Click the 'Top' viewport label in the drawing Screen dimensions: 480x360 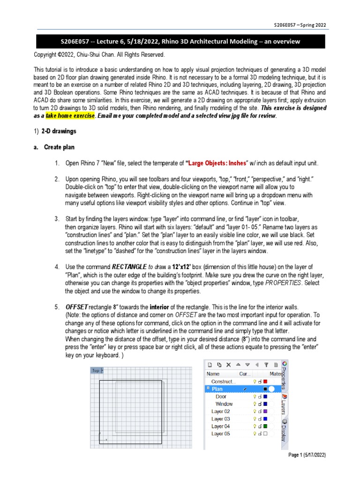coord(96,370)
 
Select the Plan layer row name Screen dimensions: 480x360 coord(217,389)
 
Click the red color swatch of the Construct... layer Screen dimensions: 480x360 coord(265,382)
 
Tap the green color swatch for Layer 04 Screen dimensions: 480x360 coord(265,426)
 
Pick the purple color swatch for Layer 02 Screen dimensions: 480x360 coord(265,411)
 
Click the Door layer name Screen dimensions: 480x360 coord(221,397)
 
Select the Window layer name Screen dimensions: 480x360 coord(224,404)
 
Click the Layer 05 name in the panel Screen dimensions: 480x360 coord(220,434)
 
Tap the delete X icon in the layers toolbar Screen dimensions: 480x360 coord(228,364)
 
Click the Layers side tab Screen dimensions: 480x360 coord(284,404)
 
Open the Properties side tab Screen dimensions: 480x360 coord(284,375)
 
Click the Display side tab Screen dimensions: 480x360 coord(284,430)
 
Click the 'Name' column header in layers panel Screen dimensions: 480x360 coord(213,374)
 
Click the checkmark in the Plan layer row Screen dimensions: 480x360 coord(245,389)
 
